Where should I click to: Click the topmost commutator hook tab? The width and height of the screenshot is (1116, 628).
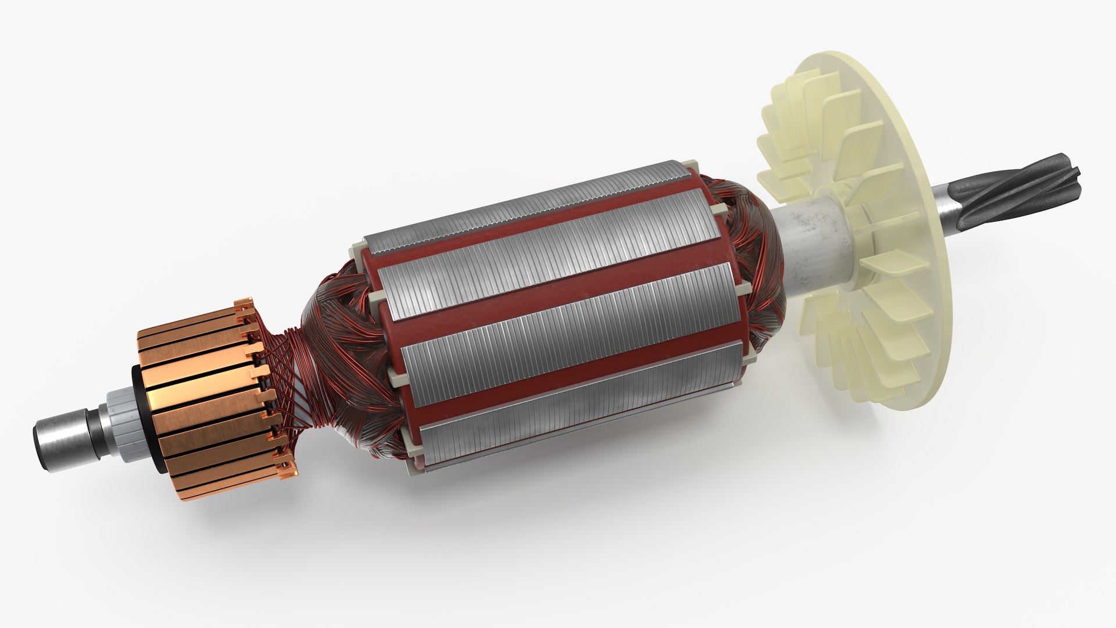[x=242, y=305]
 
